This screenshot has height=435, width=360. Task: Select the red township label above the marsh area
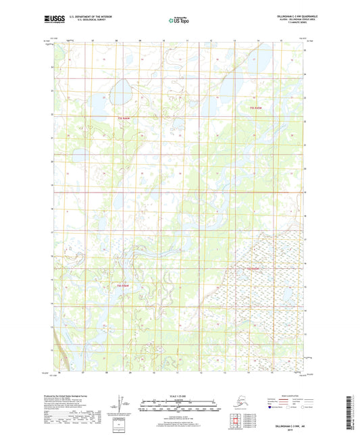coord(253,269)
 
